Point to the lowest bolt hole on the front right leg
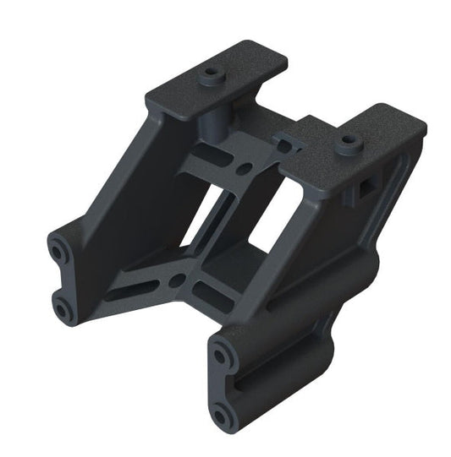point(223,413)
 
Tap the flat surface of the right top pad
point(372,135)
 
